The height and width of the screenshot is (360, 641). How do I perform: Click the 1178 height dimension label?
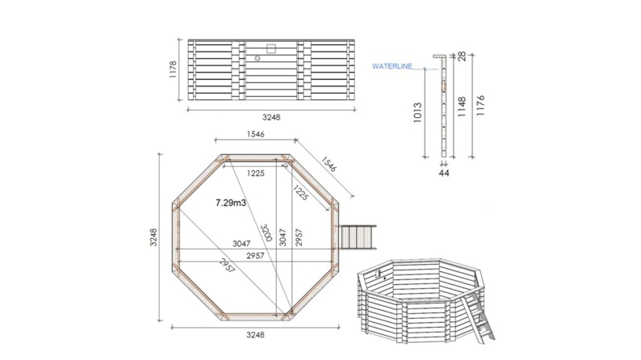pyautogui.click(x=173, y=69)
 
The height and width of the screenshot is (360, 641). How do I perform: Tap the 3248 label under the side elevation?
pyautogui.click(x=271, y=117)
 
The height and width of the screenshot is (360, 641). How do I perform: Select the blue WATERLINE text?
pyautogui.click(x=392, y=67)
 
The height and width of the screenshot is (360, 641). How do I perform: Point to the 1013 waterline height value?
pyautogui.click(x=417, y=113)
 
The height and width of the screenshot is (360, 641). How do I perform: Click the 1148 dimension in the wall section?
pyautogui.click(x=462, y=107)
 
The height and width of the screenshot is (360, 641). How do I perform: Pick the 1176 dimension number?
pyautogui.click(x=480, y=106)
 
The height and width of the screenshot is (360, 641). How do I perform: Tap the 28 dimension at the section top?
pyautogui.click(x=463, y=57)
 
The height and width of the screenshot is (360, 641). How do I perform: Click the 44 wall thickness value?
pyautogui.click(x=444, y=174)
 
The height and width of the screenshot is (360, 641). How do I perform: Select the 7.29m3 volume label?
pyautogui.click(x=231, y=203)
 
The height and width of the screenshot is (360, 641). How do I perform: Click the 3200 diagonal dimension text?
pyautogui.click(x=266, y=232)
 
